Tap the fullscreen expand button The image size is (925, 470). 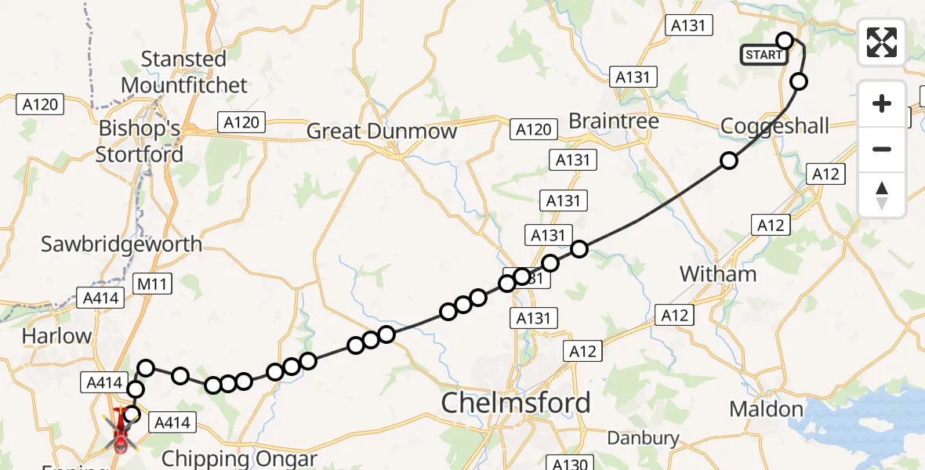pyautogui.click(x=882, y=42)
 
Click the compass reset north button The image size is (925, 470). pyautogui.click(x=882, y=195)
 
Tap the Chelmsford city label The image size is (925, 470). pyautogui.click(x=516, y=403)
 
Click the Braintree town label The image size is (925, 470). pyautogui.click(x=613, y=121)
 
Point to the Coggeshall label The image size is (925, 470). pyautogui.click(x=774, y=125)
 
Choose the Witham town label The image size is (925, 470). pyautogui.click(x=718, y=274)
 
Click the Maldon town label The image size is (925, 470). pyautogui.click(x=766, y=408)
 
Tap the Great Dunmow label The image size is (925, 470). pyautogui.click(x=382, y=131)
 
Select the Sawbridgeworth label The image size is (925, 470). pyautogui.click(x=122, y=244)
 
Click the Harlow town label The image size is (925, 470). pyautogui.click(x=56, y=336)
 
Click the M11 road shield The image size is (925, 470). pyautogui.click(x=150, y=284)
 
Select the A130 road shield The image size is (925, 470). pyautogui.click(x=570, y=463)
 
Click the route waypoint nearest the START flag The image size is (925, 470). pyautogui.click(x=785, y=40)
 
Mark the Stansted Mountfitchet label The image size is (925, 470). pyautogui.click(x=184, y=72)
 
